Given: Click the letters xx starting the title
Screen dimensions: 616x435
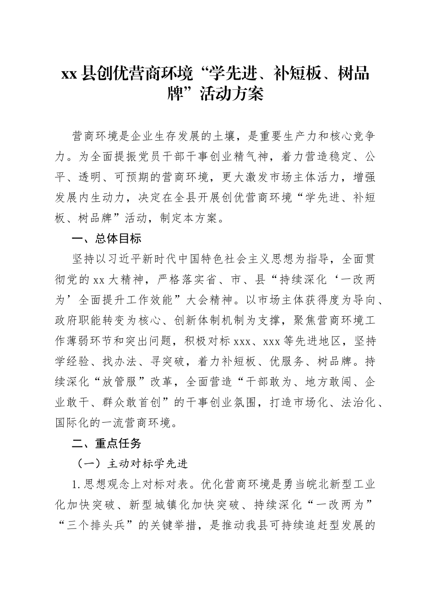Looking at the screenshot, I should tap(69, 74).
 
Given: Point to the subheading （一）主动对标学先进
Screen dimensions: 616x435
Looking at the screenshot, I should tap(132, 464).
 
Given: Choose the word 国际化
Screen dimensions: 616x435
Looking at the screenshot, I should tap(71, 423).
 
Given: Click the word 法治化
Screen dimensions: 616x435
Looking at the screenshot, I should tap(358, 402).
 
